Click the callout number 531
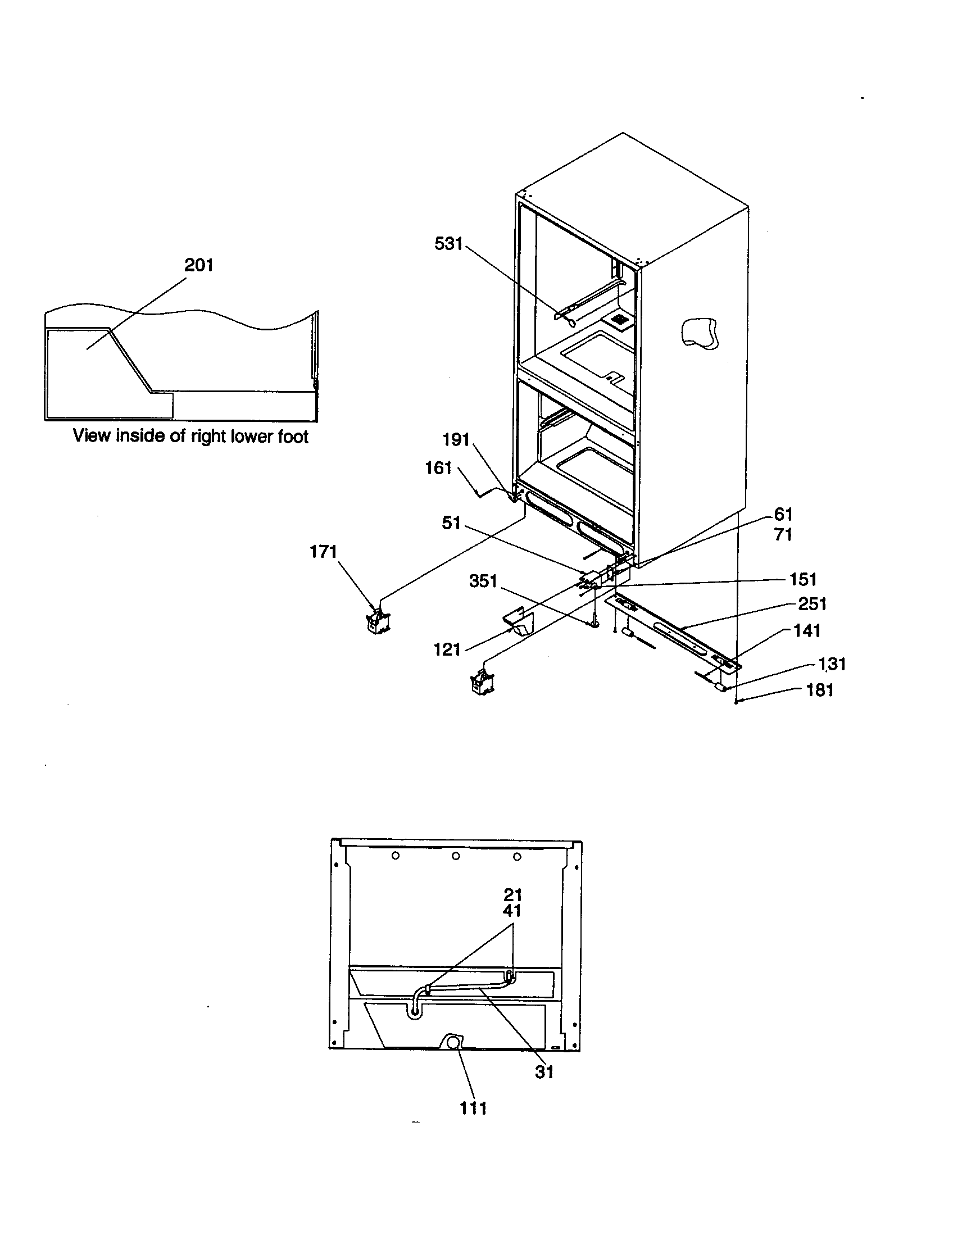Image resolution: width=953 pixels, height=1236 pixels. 448,244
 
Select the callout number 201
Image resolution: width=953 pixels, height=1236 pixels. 199,265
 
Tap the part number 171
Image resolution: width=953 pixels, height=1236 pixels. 323,552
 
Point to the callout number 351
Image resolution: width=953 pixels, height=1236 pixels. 483,581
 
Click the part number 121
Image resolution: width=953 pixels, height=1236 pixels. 447,649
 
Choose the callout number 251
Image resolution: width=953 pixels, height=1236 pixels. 812,604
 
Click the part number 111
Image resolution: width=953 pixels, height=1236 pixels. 473,1108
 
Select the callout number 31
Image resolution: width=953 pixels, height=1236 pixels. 544,1072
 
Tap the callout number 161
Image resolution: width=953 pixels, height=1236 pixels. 439,468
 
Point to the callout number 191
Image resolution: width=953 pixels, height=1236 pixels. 456,440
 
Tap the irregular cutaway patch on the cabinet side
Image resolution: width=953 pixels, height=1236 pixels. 700,333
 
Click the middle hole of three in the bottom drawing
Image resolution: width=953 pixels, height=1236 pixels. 456,856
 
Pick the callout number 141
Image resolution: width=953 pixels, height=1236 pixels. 806,630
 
